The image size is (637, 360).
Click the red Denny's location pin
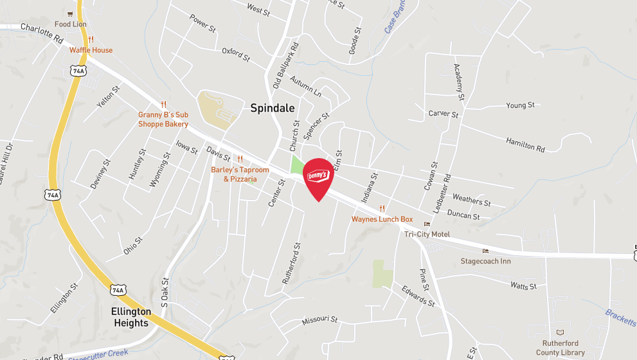click(318, 178)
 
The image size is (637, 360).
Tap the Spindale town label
click(272, 109)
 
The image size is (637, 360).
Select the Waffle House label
click(91, 50)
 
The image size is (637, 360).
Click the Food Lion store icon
click(71, 14)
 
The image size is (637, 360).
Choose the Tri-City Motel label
click(427, 234)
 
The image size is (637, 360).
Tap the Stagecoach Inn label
click(485, 261)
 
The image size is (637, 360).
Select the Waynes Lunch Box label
click(382, 219)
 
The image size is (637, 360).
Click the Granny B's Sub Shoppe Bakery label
click(163, 120)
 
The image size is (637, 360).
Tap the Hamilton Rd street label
click(525, 145)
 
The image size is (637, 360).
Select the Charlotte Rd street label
click(42, 33)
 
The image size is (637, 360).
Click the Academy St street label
click(459, 82)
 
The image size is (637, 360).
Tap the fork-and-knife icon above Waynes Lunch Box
click(382, 208)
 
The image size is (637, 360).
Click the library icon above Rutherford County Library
click(559, 332)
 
